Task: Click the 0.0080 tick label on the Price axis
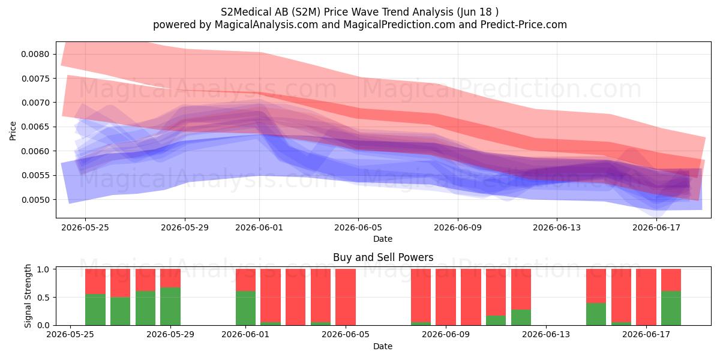[x=35, y=54]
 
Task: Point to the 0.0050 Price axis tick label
[x=35, y=200]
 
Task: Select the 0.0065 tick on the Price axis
[x=35, y=127]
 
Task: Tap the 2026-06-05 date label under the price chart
[x=358, y=227]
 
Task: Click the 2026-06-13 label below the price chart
[x=557, y=227]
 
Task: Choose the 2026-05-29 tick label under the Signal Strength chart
[x=170, y=334]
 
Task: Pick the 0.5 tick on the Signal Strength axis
[x=43, y=298]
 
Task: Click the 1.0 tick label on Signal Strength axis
[x=43, y=269]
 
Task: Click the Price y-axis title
[x=13, y=131]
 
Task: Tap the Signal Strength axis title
[x=28, y=296]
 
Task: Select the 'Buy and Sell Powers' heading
[x=383, y=257]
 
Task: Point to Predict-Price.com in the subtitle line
[x=524, y=25]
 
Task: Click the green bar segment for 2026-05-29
[x=170, y=307]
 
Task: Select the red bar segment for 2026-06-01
[x=245, y=280]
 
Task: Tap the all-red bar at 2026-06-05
[x=346, y=297]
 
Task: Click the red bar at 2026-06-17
[x=646, y=297]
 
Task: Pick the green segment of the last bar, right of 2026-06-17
[x=671, y=308]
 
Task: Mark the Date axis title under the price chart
[x=383, y=239]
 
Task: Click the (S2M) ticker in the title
[x=305, y=12]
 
